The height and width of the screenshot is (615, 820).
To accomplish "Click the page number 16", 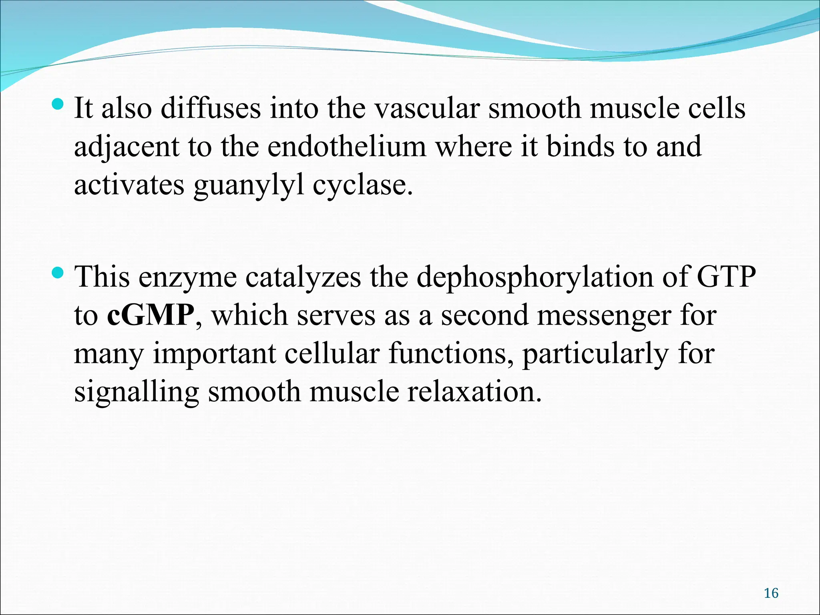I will click(x=771, y=593).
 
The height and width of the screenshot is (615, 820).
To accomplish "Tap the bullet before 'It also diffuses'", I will click(x=58, y=105).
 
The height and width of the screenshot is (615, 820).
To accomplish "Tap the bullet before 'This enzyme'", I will click(x=58, y=273).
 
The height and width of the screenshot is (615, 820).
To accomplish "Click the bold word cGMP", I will click(x=151, y=316).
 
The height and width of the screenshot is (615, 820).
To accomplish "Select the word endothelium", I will click(x=347, y=147).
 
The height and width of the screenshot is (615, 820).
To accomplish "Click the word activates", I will click(x=129, y=186).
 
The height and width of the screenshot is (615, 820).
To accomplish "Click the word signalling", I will click(x=137, y=393).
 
